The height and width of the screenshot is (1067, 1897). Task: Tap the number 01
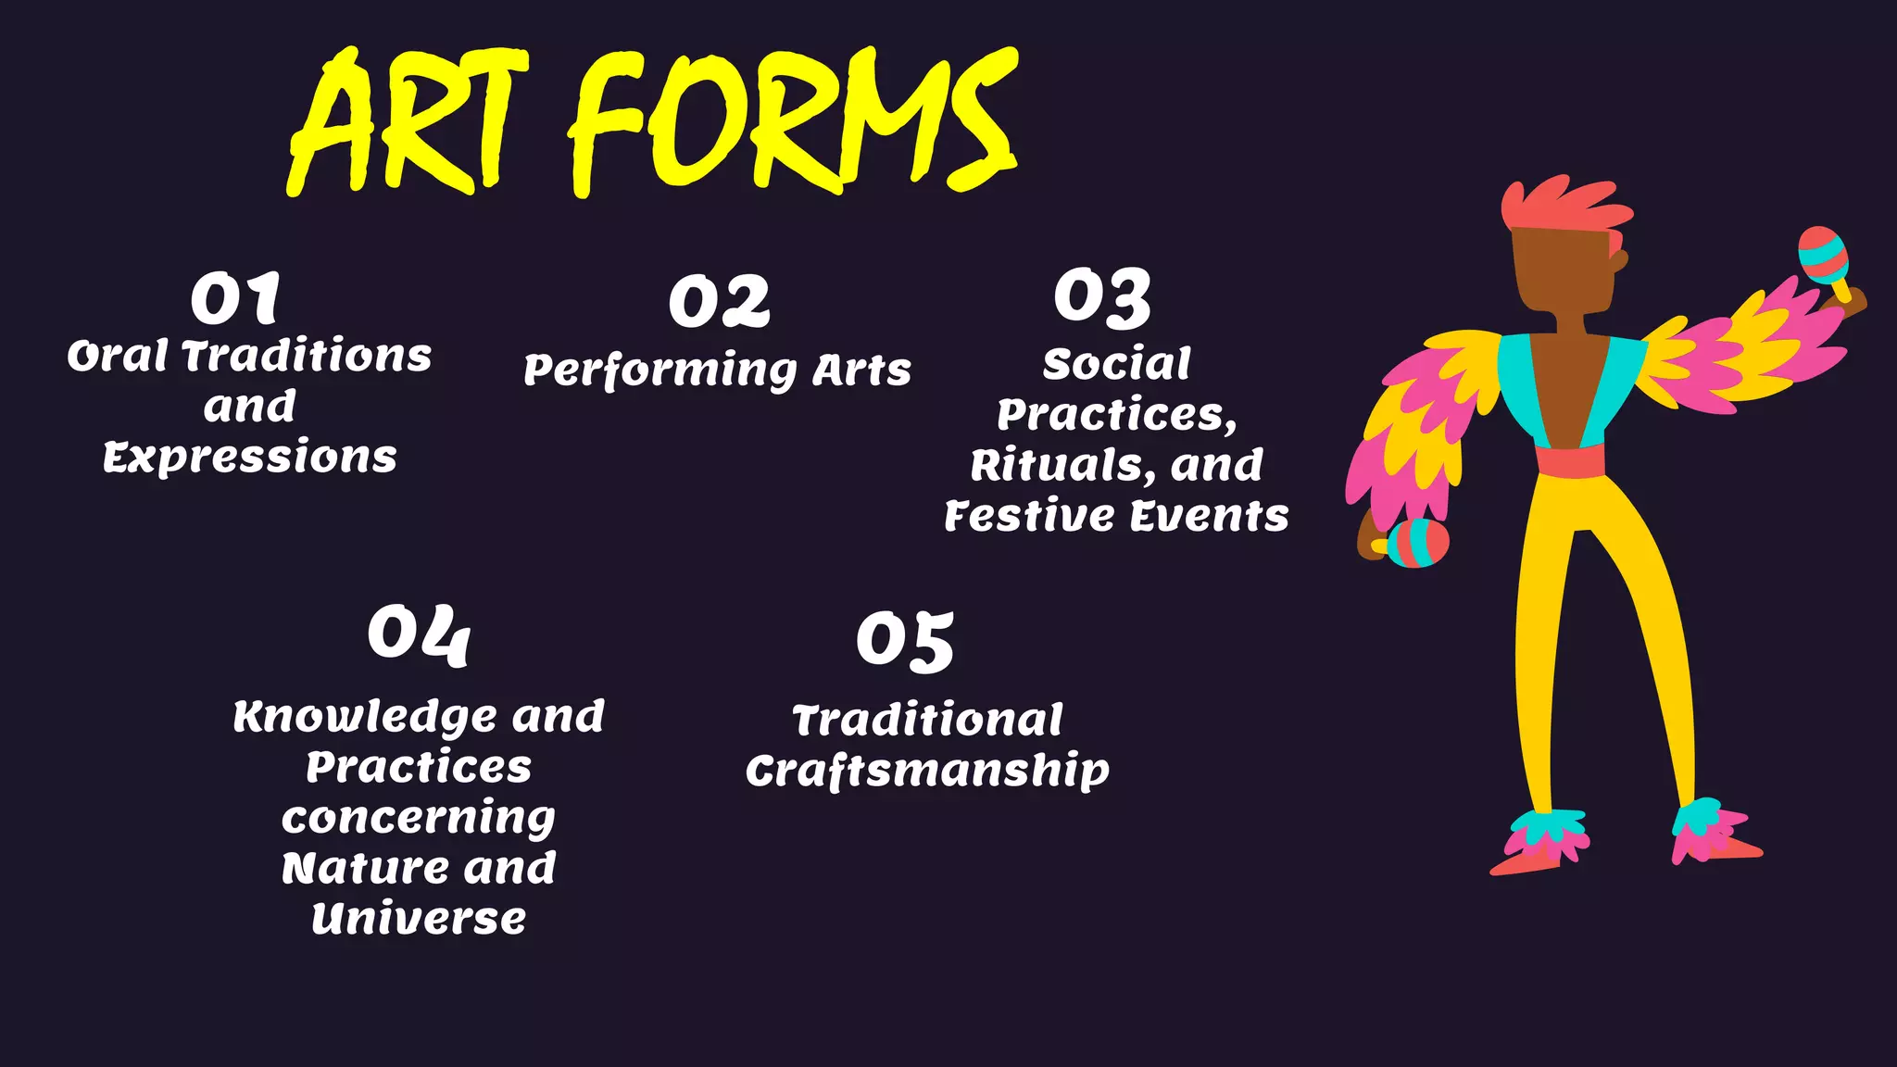(x=235, y=298)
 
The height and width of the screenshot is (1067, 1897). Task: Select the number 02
(x=719, y=302)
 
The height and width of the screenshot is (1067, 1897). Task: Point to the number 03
(x=1102, y=298)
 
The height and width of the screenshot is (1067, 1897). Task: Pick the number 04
(x=419, y=635)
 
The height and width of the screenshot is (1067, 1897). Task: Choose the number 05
(x=905, y=641)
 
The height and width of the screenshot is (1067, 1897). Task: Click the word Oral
(x=118, y=357)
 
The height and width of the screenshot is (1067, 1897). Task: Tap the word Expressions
(x=250, y=458)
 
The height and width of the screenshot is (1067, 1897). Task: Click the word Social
(x=1116, y=364)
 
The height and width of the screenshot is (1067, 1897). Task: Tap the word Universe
(x=419, y=919)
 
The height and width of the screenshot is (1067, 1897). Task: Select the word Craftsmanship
(x=927, y=771)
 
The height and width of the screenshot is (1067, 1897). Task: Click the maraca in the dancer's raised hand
(x=1822, y=256)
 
